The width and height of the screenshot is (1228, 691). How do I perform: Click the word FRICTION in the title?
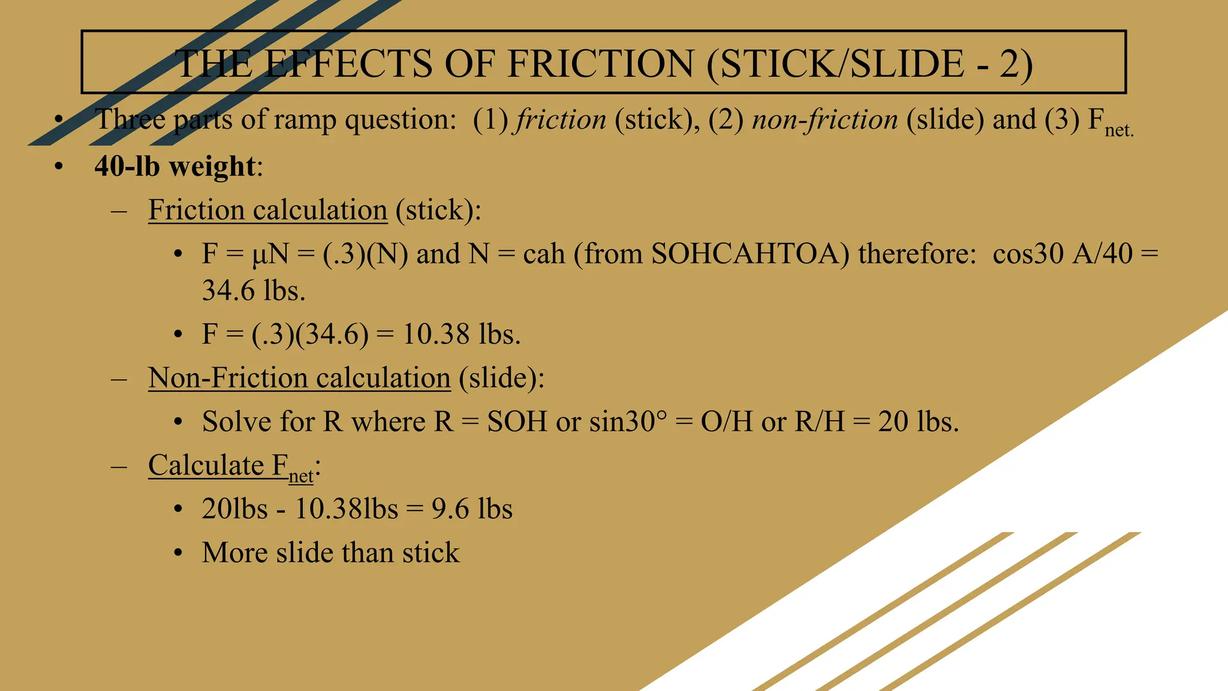[x=600, y=64]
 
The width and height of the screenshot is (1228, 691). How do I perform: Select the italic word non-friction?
[x=825, y=119]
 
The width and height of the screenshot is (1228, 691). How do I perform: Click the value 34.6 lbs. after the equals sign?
[x=254, y=291]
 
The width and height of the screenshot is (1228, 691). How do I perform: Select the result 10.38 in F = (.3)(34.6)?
[x=436, y=334]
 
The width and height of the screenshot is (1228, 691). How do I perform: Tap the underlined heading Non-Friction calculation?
[x=299, y=378]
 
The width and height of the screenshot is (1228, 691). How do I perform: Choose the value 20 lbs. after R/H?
[x=918, y=422]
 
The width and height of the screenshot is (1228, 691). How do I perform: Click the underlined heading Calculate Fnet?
[x=231, y=466]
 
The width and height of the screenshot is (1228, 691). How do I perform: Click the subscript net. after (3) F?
[x=1119, y=130]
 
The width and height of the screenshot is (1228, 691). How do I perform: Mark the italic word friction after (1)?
[x=561, y=119]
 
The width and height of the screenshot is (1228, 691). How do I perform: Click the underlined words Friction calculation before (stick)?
[x=267, y=210]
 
